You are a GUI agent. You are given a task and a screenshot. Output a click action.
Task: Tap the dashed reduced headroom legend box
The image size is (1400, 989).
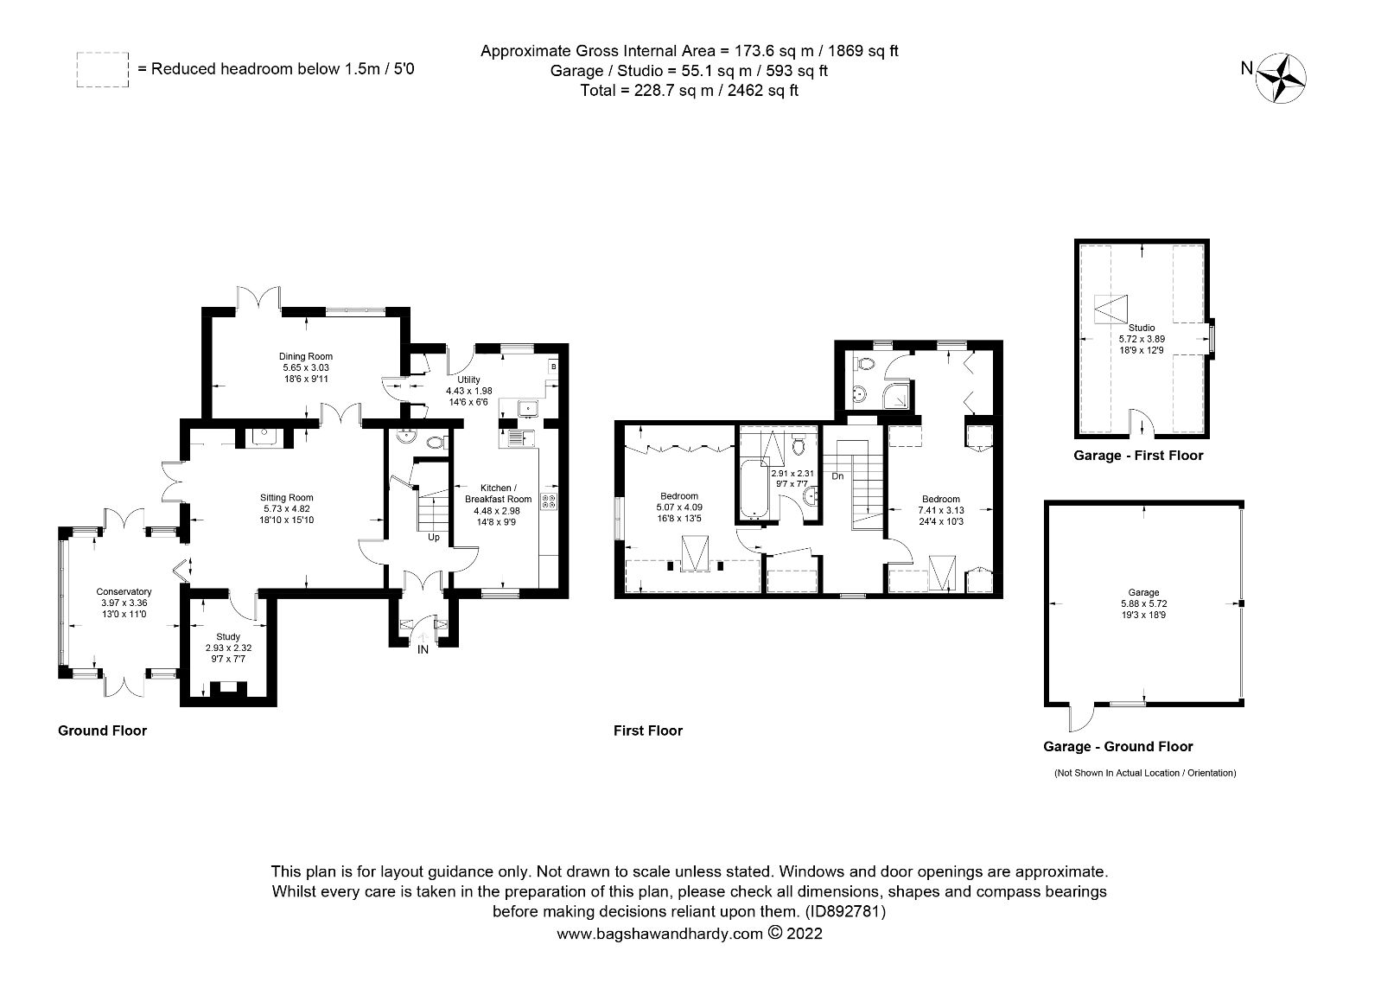103,69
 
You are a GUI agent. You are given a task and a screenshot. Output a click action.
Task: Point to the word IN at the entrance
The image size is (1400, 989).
423,650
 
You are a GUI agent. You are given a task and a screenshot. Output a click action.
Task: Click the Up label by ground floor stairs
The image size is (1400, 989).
433,537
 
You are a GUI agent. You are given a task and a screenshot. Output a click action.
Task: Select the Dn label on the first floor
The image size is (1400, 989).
837,475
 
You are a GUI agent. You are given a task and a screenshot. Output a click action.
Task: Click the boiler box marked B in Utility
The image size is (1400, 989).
553,367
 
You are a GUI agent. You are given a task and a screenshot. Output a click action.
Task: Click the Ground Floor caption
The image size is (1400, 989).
102,731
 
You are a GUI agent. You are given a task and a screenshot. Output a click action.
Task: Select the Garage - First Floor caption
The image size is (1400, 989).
1137,456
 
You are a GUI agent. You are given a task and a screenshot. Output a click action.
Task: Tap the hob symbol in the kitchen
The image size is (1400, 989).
548,501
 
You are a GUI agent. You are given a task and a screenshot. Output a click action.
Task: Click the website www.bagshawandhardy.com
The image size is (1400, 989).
660,934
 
